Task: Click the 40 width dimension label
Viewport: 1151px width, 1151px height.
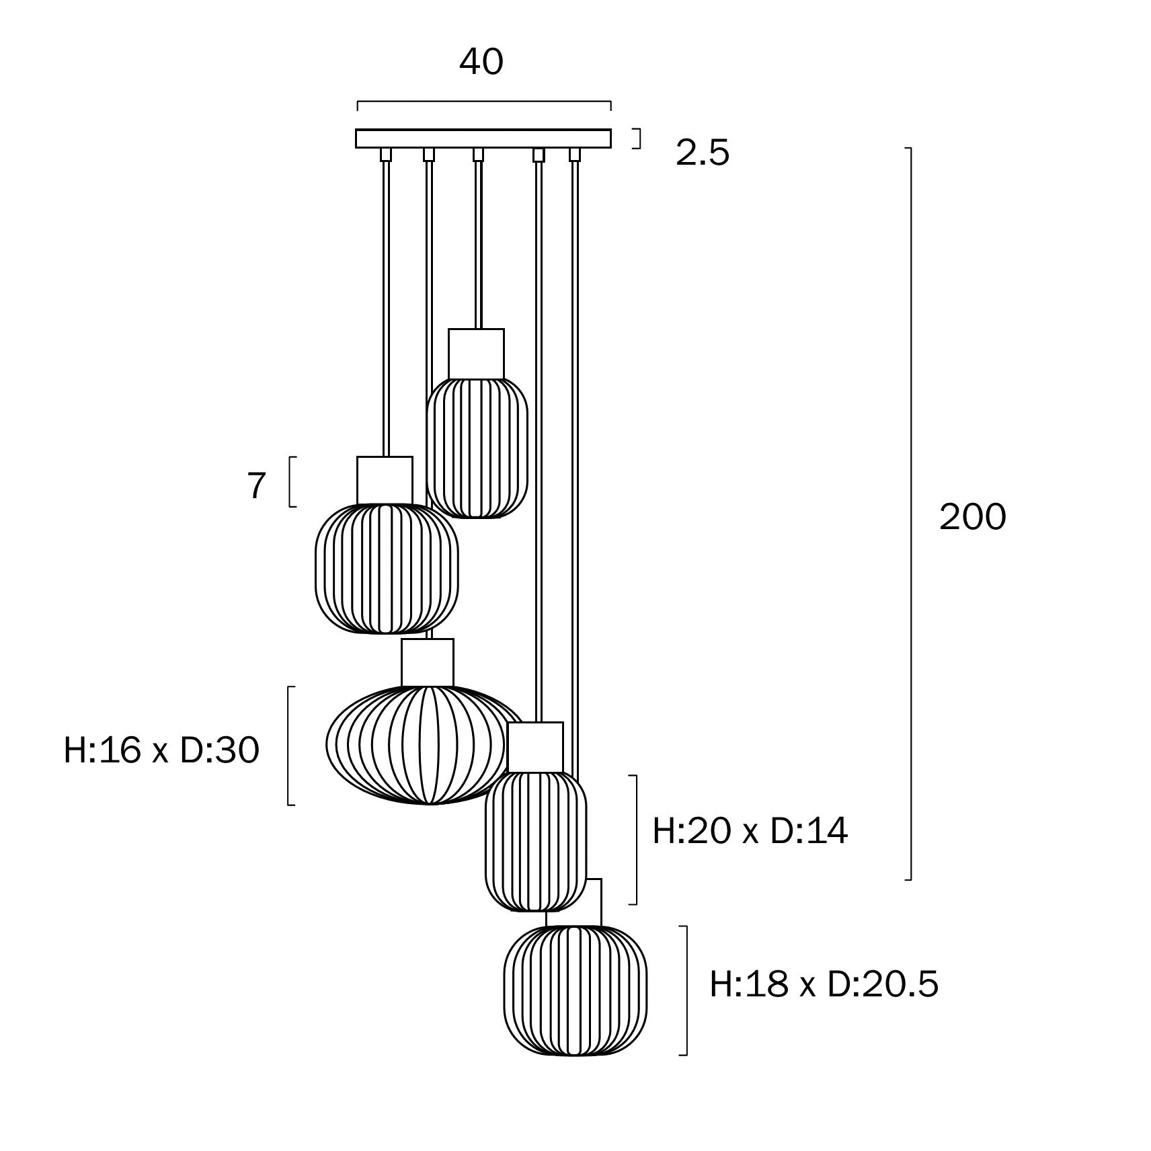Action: coord(481,62)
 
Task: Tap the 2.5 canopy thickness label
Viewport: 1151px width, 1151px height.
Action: coord(702,153)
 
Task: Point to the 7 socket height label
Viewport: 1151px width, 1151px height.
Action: coord(257,485)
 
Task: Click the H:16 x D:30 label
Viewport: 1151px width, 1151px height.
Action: coord(161,750)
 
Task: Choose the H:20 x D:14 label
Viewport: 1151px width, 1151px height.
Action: coord(750,831)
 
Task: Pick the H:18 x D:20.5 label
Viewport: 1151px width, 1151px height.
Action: coord(824,984)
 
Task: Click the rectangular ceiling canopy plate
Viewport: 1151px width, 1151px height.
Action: coord(483,138)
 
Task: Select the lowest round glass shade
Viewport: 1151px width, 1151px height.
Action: coord(575,990)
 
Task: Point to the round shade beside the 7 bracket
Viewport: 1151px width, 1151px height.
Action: coord(387,568)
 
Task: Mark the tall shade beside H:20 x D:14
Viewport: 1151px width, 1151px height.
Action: coord(535,840)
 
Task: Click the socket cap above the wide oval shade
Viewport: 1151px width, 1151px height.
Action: coord(427,662)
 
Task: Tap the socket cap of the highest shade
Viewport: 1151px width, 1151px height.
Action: coord(476,353)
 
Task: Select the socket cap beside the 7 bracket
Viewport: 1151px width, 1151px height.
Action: coord(385,480)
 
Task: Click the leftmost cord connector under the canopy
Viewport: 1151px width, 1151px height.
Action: coord(385,155)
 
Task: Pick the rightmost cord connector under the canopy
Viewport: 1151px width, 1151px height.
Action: coord(574,155)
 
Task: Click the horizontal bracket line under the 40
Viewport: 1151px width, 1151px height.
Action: coord(483,102)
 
